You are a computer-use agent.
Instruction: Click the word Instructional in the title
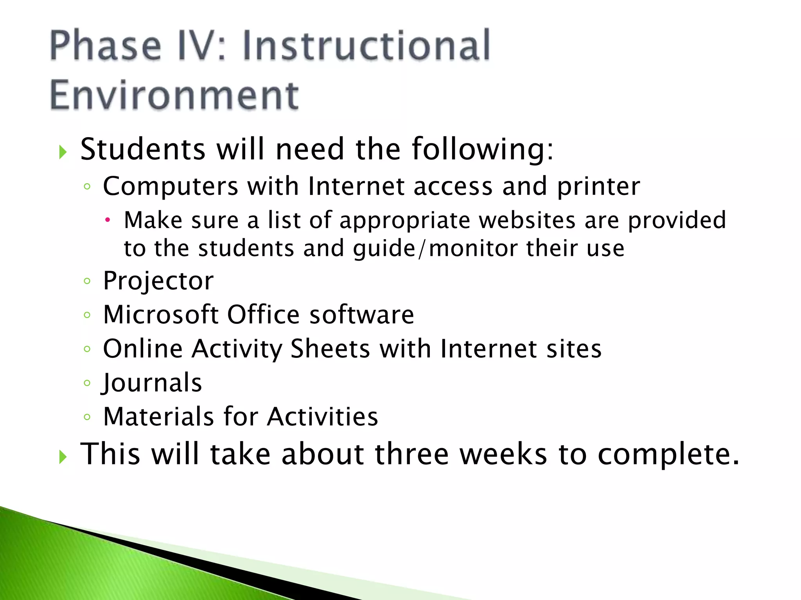tap(366, 46)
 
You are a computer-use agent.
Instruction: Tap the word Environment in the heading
tap(174, 95)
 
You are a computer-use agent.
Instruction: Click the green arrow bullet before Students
tap(63, 152)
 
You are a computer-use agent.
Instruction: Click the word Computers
tap(171, 187)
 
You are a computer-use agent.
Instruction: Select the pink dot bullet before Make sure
tap(108, 221)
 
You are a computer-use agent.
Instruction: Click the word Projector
tap(158, 281)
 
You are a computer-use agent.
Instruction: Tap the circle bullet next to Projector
tap(87, 281)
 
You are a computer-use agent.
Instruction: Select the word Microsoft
tap(161, 315)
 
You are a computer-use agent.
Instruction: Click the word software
tap(362, 315)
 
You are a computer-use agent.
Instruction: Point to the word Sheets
tap(330, 349)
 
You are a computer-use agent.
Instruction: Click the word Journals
tap(152, 383)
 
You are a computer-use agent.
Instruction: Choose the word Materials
tap(159, 417)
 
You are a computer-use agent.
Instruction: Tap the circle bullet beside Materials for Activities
tap(87, 417)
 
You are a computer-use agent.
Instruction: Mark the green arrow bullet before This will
tap(63, 456)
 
